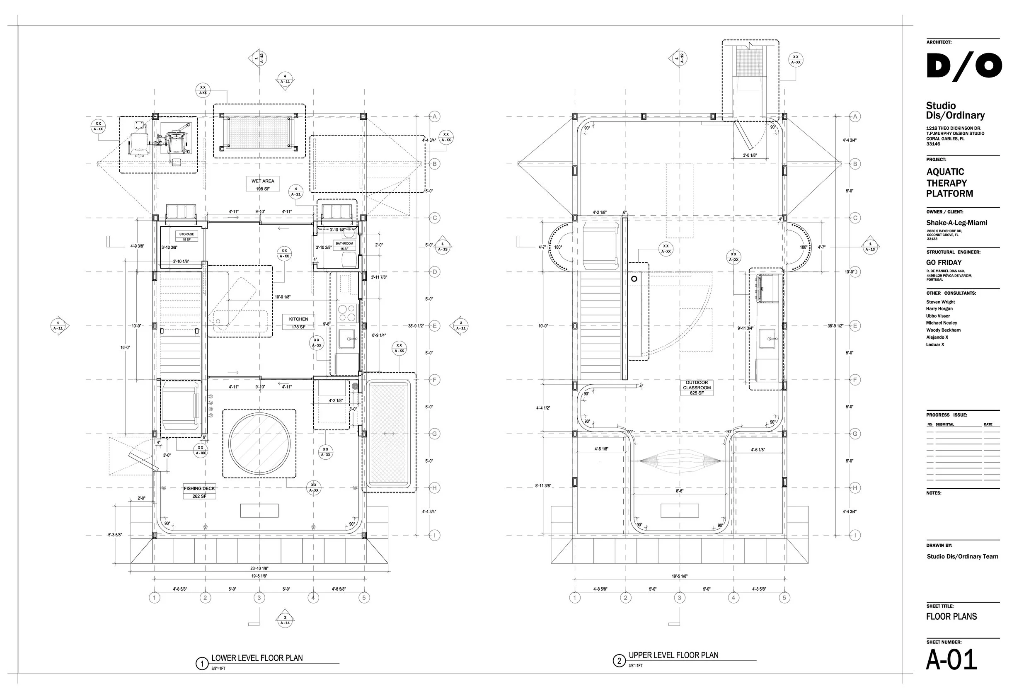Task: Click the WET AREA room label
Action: (263, 181)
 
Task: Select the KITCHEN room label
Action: (299, 319)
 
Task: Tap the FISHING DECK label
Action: (199, 488)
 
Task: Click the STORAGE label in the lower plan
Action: (187, 235)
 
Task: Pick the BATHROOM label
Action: (344, 243)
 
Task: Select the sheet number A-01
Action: (951, 660)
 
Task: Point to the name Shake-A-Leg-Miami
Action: (957, 223)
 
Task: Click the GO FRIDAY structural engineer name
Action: (944, 263)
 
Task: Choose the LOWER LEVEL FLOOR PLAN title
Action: (257, 658)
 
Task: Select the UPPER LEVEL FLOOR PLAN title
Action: (673, 655)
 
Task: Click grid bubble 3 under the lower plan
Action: (259, 598)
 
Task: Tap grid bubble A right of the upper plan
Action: (855, 117)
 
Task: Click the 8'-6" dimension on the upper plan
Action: (680, 490)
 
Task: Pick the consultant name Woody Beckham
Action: (943, 330)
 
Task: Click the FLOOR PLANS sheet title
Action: (951, 616)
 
